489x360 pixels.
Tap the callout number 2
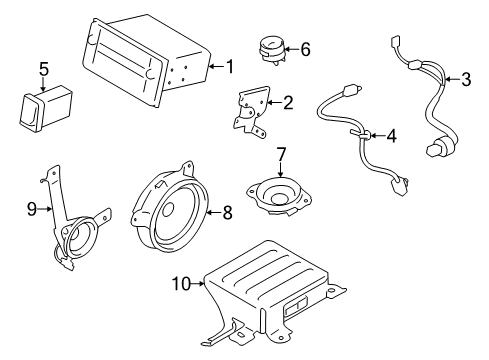pos(288,101)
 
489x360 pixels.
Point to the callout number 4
pos(393,136)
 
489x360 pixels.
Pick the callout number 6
pos(305,48)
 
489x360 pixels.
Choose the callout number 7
pos(281,154)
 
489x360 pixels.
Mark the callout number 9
pos(30,209)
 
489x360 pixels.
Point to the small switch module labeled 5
pos(44,107)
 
